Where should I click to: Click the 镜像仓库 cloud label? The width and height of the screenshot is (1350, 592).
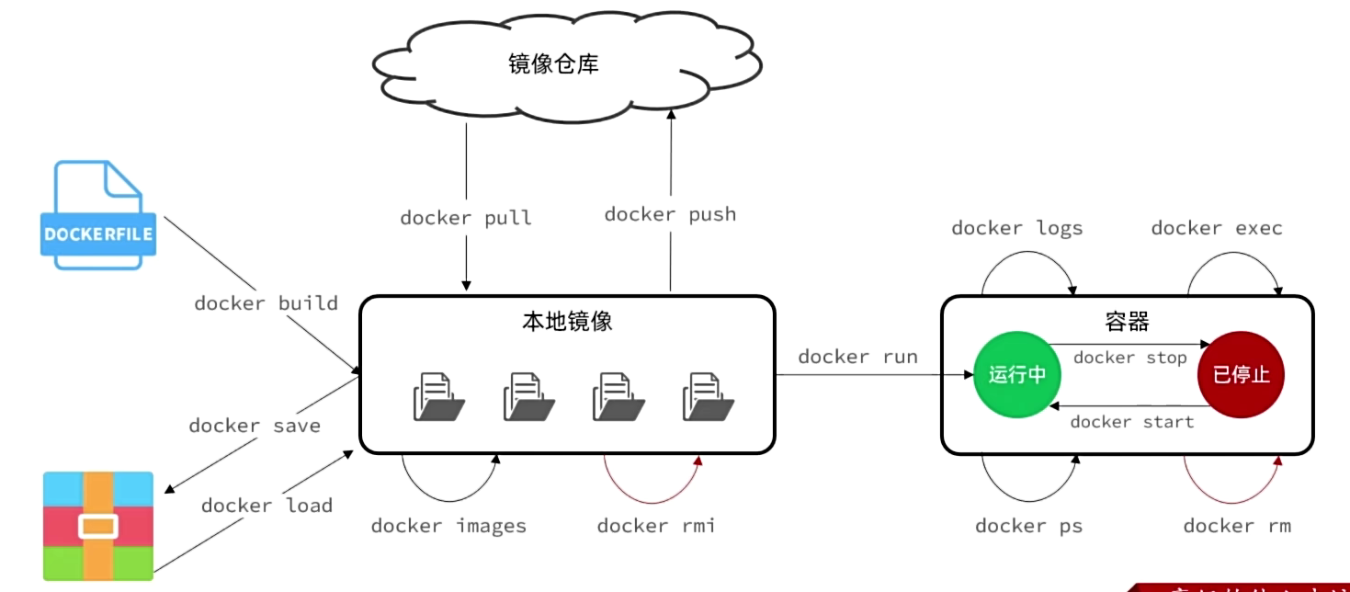553,63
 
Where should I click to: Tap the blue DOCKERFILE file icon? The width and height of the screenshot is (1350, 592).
97,216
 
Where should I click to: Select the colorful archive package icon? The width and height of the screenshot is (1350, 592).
98,525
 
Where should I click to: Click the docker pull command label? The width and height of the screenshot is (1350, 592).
466,218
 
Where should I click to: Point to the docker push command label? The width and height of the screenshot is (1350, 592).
670,214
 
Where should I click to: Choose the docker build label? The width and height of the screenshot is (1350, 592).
266,302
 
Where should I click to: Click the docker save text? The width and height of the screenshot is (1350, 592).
255,425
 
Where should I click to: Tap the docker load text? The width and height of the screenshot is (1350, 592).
267,505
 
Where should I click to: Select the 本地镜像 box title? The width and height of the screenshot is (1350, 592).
566,322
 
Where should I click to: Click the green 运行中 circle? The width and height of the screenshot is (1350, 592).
1016,374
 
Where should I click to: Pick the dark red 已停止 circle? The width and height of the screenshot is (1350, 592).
1241,374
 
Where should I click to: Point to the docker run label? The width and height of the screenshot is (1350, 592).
857,357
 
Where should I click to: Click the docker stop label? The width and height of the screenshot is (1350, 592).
1129,358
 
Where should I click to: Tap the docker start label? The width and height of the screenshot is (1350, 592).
1131,421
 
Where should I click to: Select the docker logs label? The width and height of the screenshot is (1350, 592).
1016,228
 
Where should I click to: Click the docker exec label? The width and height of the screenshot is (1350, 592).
1216,228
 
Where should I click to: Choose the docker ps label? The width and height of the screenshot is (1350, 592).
1028,526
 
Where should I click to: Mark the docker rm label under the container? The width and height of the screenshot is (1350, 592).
1237,526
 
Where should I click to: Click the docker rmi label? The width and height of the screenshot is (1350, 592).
655,526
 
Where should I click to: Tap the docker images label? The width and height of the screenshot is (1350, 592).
448,526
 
